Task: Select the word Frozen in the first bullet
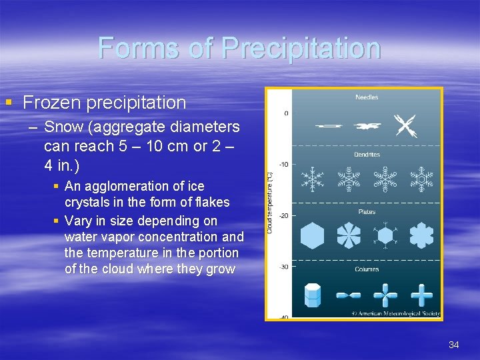49,103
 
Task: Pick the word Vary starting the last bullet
79,220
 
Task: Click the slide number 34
454,345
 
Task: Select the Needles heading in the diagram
367,97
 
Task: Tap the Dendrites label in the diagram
366,155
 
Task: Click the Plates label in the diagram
367,212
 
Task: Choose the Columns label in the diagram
367,269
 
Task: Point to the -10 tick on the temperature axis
283,165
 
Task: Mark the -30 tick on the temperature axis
283,267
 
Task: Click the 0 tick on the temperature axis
286,113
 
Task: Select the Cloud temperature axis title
270,203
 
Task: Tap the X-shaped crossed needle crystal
405,125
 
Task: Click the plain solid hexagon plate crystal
312,236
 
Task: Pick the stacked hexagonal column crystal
313,294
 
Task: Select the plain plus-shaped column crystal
421,294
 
